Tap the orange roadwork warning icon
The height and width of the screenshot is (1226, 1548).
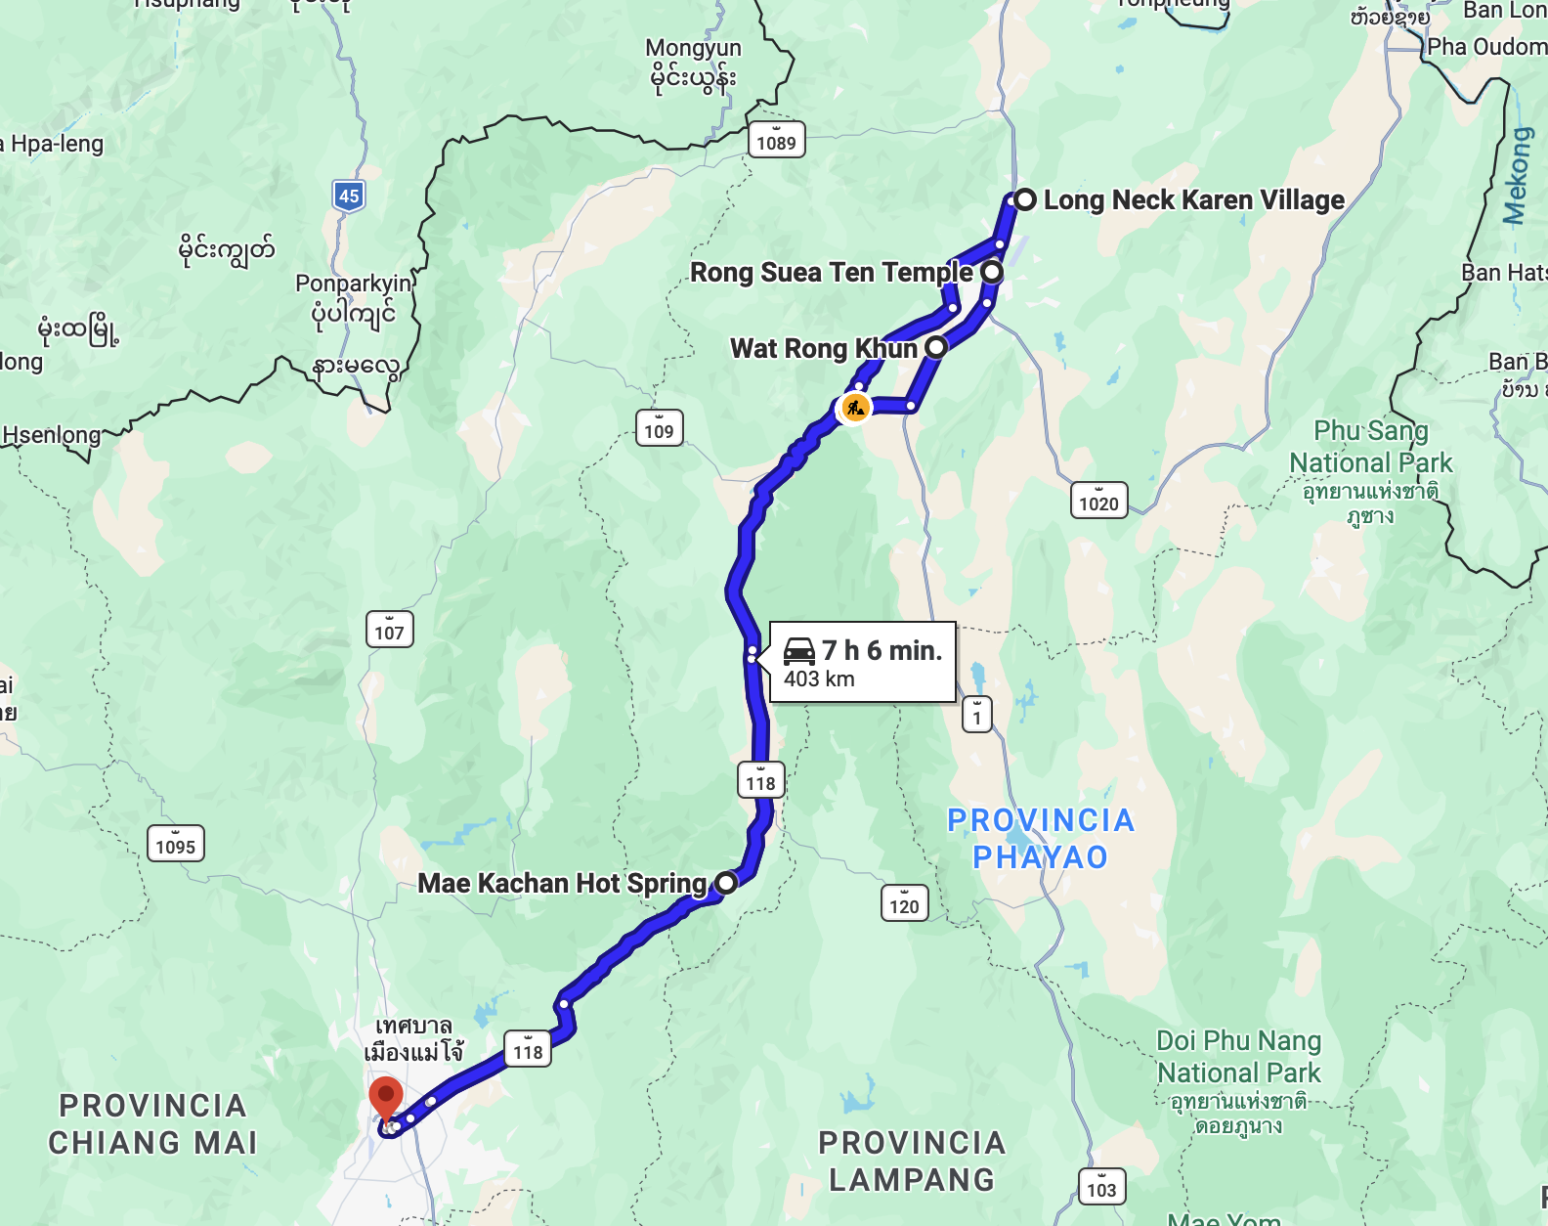[x=855, y=408]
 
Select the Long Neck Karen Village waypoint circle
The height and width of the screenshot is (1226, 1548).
[x=1024, y=200]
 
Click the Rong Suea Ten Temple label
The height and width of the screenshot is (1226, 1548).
[x=831, y=272]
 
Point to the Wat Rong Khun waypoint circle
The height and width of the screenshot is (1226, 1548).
[x=936, y=347]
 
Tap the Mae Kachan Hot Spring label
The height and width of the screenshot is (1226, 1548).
[x=562, y=884]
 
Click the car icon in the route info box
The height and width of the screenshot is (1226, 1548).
[x=799, y=651]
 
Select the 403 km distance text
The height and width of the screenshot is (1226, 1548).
[x=819, y=679]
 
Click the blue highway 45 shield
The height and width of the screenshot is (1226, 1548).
[x=349, y=196]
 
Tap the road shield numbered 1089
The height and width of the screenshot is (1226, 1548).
[x=776, y=142]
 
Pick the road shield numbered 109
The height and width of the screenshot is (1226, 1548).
[x=659, y=429]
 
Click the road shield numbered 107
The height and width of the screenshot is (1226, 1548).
[x=389, y=631]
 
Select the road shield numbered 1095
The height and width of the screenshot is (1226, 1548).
[x=176, y=845]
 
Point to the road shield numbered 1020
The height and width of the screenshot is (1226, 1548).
[x=1098, y=503]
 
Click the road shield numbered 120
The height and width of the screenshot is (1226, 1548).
[x=904, y=904]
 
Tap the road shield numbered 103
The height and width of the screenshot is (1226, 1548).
[x=1101, y=1188]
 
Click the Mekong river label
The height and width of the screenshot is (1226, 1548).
[x=1516, y=176]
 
